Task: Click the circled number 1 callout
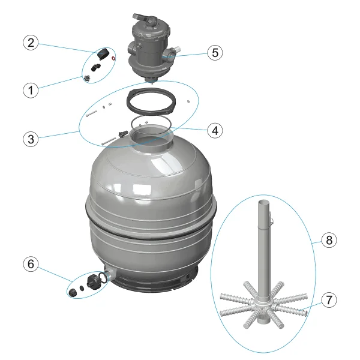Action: tap(31, 90)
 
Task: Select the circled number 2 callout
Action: tap(31, 43)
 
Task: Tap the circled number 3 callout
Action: tap(31, 139)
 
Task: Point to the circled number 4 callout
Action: tap(215, 131)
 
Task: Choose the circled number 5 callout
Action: tap(215, 53)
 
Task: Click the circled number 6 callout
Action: tap(31, 264)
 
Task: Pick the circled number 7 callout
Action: tap(329, 299)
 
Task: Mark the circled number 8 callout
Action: tap(329, 240)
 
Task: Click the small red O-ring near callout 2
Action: tap(113, 58)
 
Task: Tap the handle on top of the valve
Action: tap(144, 18)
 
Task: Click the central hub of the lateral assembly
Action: tap(262, 308)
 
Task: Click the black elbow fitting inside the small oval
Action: tap(95, 67)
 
